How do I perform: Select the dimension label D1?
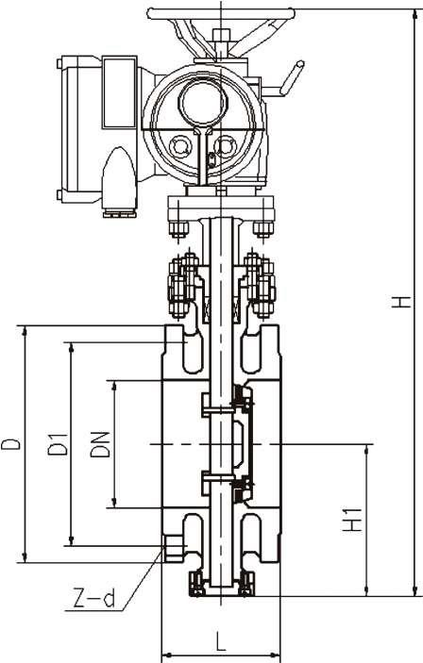[58, 443]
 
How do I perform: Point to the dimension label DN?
[100, 444]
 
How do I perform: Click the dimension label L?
[220, 641]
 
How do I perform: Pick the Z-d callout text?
[94, 600]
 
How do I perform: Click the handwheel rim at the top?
[221, 14]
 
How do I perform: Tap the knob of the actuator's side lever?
[294, 75]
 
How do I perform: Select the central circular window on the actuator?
[203, 102]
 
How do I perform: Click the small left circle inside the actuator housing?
[180, 146]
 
